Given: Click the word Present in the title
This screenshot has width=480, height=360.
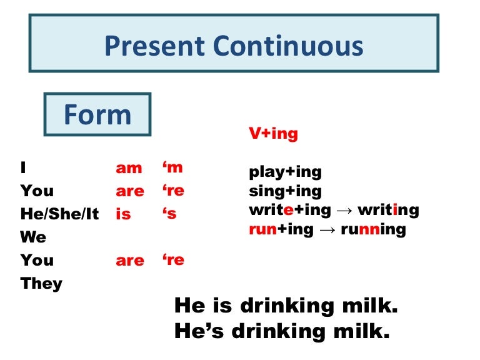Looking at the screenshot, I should click(154, 47).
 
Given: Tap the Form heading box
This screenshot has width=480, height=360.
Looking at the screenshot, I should click(97, 115).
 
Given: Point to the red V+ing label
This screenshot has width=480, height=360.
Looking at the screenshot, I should click(273, 134).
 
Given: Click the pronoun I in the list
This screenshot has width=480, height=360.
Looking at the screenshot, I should click(23, 167).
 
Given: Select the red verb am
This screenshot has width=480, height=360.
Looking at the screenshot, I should click(129, 168).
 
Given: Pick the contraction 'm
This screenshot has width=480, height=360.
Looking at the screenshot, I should click(172, 167).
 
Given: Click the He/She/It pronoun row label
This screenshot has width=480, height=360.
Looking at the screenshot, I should click(59, 214).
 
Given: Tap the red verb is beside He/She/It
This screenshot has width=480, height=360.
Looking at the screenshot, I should click(123, 214).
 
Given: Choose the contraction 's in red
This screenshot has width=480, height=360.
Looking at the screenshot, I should click(169, 214).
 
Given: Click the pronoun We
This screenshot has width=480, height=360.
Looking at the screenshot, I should click(33, 237).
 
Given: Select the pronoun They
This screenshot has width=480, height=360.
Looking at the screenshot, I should click(41, 283).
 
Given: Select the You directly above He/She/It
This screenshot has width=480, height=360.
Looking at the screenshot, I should click(37, 191).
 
